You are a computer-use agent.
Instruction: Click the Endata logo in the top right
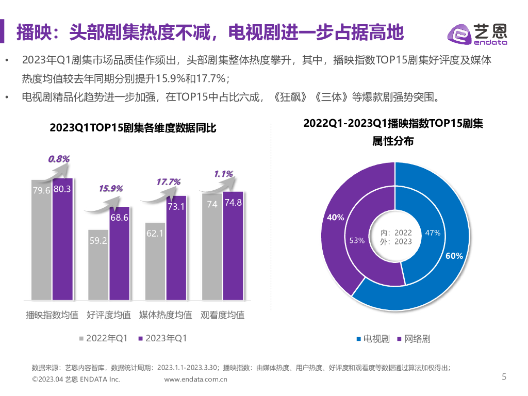pos(476,35)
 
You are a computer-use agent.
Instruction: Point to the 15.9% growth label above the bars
pos(111,189)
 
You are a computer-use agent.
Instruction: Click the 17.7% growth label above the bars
pos(168,181)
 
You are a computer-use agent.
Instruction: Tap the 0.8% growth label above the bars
pos(59,159)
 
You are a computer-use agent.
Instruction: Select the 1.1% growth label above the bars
pos(223,174)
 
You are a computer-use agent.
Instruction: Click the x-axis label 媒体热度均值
pos(166,315)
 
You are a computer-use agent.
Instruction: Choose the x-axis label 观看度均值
pos(222,315)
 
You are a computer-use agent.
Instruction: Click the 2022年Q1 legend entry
pos(103,339)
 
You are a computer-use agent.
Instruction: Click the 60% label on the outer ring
pos(454,256)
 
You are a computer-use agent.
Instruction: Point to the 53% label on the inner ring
pos(357,240)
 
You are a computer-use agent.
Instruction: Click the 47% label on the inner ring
pos(433,233)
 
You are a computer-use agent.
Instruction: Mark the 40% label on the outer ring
pos(335,218)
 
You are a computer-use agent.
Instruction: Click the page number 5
pos(504,377)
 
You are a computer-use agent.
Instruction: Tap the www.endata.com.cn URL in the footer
pos(196,379)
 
